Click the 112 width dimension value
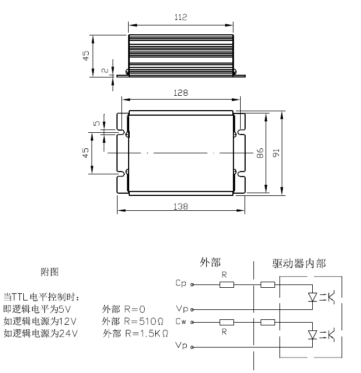click(x=180, y=17)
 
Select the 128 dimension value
click(x=180, y=94)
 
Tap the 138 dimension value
click(x=180, y=206)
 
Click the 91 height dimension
click(x=276, y=154)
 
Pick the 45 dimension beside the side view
click(x=87, y=56)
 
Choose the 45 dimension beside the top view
click(x=87, y=153)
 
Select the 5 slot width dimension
click(x=97, y=123)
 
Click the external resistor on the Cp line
click(x=226, y=284)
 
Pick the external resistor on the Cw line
click(x=226, y=322)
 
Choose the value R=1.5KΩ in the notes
click(x=147, y=333)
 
